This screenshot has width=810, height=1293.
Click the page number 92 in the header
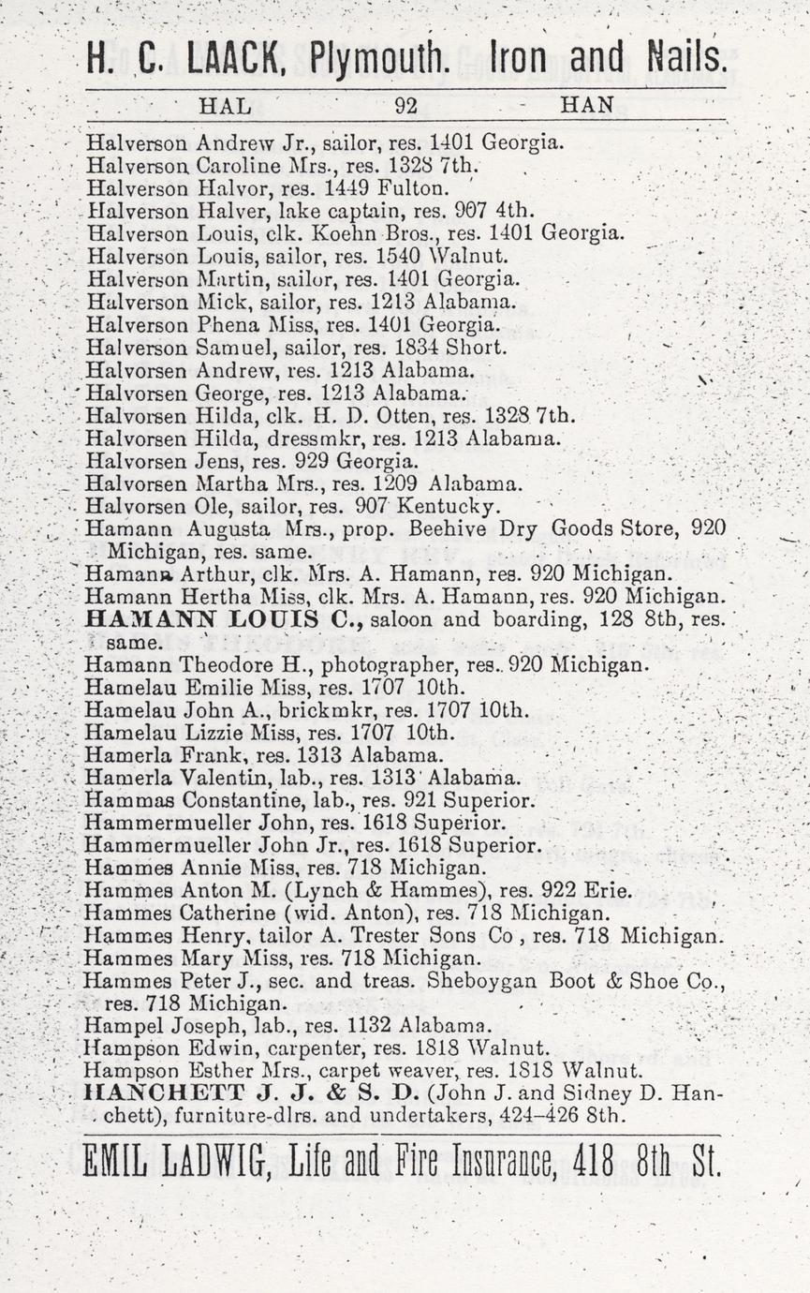405,106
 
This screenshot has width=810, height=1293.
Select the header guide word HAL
226,106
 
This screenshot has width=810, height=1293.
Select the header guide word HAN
587,106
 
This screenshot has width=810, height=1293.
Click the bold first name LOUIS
239,619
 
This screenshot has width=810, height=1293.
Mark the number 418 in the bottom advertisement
593,1163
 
